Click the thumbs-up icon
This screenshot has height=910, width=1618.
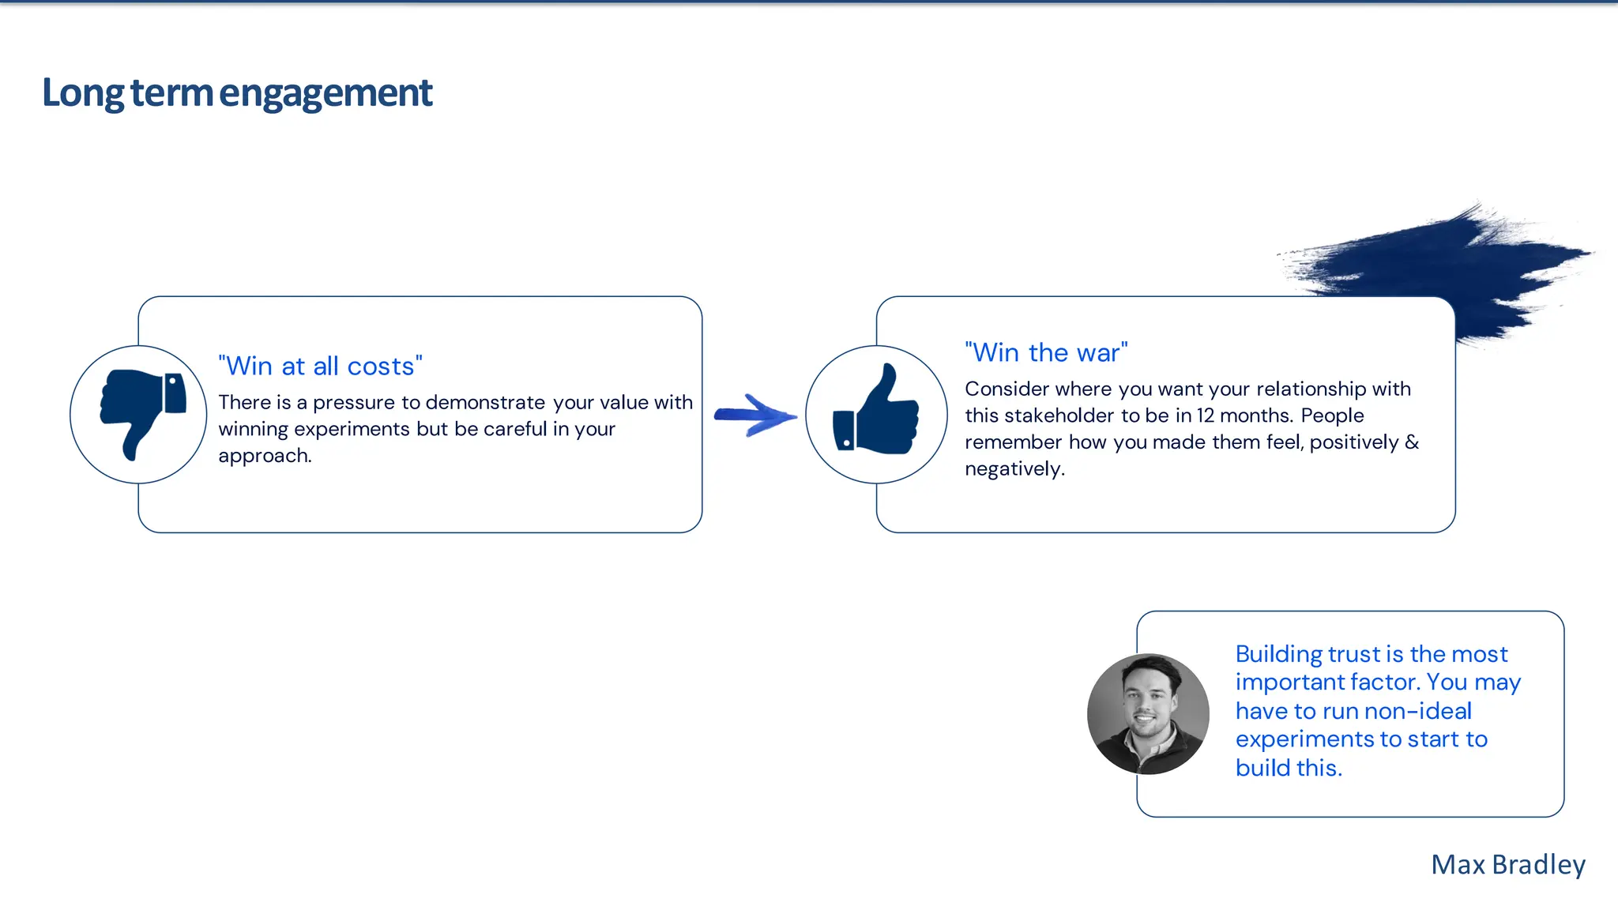[876, 412]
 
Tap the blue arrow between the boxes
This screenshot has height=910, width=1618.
[754, 415]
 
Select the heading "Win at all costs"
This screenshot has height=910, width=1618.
[320, 367]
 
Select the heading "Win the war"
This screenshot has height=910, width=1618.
[1046, 352]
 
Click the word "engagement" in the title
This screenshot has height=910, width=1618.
[325, 93]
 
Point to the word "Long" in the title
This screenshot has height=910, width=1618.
[82, 93]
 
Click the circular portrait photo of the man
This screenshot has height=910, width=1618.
[1147, 713]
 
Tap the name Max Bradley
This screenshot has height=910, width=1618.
[1507, 864]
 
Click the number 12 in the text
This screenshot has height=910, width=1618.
[1205, 416]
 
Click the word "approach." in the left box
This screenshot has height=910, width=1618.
[265, 456]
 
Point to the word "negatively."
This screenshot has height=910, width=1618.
[1014, 469]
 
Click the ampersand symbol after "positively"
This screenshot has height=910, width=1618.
[1412, 442]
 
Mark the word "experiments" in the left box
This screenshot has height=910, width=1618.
[352, 429]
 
